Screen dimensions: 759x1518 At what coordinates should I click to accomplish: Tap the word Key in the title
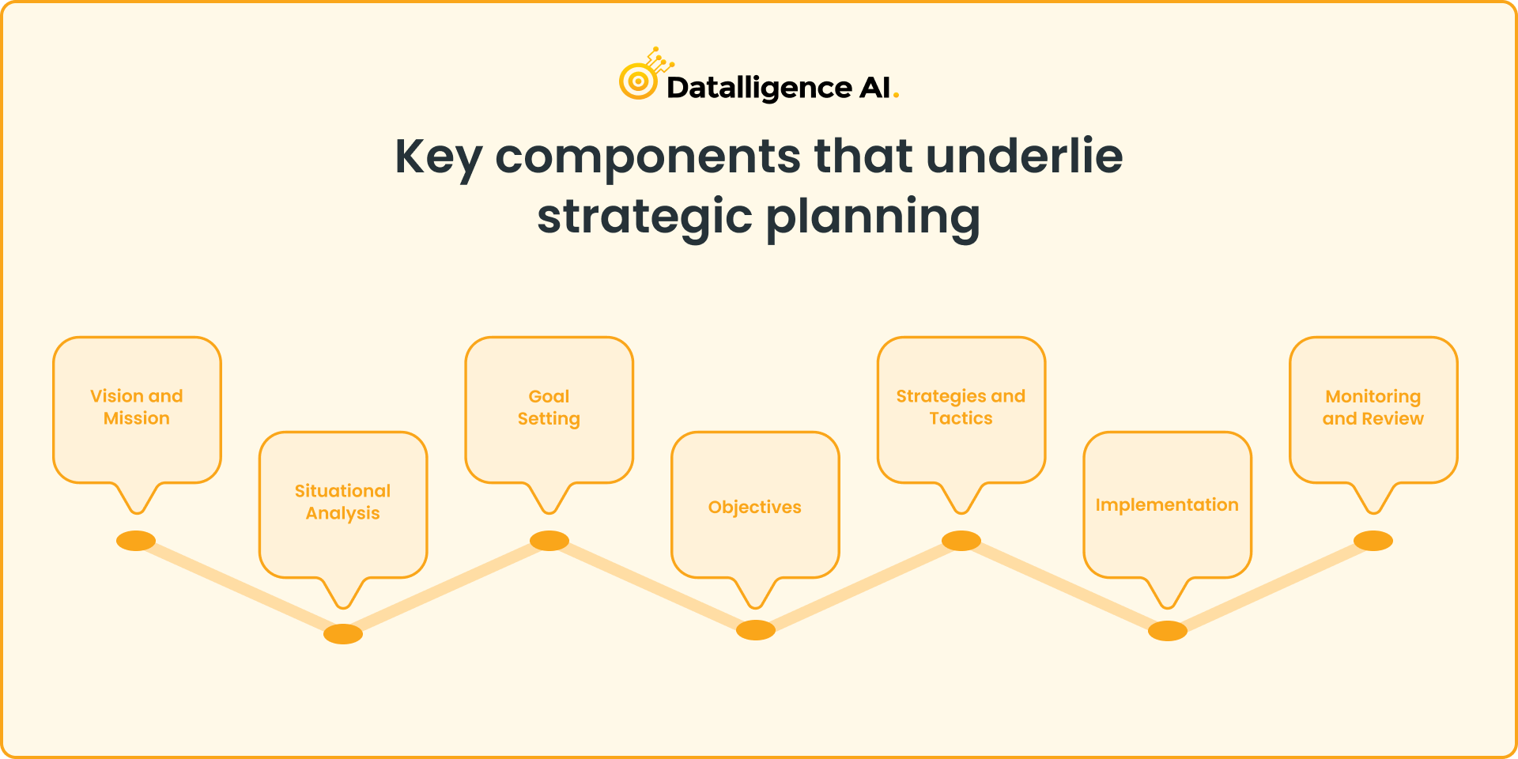437,157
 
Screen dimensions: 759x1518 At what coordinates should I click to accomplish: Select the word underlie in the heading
1024,156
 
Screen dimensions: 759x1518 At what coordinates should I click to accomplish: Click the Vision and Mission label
137,407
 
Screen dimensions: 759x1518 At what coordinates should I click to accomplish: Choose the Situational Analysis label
343,502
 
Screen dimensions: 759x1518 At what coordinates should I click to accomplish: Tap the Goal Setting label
549,407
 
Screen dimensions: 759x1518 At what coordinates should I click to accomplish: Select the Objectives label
755,507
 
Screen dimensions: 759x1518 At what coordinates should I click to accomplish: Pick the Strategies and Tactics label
961,407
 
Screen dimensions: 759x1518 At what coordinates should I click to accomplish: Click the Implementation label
1167,504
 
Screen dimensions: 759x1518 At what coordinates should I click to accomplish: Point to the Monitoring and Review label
1373,407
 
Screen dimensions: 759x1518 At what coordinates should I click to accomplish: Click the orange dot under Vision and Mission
136,541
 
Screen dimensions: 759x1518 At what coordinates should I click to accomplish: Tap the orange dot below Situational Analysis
343,634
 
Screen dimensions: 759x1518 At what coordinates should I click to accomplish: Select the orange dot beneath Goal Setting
549,541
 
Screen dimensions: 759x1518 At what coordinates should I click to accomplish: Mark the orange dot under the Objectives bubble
756,630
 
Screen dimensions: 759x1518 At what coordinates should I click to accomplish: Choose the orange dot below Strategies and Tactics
961,541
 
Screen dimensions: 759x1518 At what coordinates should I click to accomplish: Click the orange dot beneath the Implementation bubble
1168,631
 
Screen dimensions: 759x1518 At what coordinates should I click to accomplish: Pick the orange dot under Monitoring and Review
1373,541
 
